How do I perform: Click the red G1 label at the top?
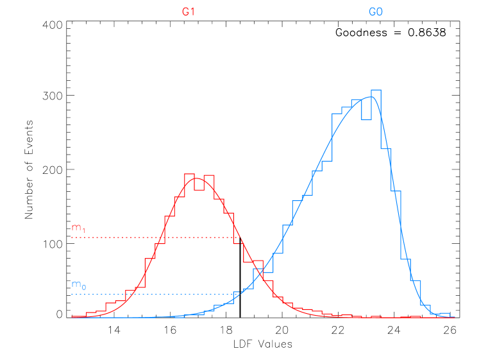click(188, 12)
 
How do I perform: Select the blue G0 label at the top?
click(376, 12)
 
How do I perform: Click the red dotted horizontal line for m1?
click(154, 237)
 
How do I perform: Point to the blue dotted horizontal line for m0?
click(154, 294)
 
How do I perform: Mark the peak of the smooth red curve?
click(199, 178)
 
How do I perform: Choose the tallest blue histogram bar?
click(376, 93)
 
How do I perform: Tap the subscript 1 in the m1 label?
click(83, 230)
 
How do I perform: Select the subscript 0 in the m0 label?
click(83, 286)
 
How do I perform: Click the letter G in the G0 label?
click(373, 12)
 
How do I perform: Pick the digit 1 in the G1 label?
click(192, 12)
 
